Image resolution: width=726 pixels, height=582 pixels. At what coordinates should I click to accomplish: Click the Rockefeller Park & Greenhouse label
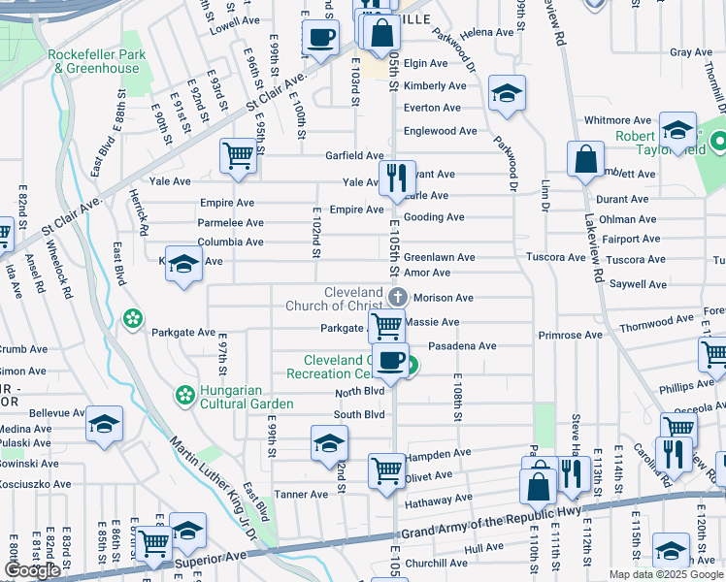click(97, 61)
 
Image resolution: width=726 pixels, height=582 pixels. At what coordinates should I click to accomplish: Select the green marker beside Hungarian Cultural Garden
click(182, 394)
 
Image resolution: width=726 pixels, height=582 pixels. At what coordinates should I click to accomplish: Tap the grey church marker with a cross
click(396, 297)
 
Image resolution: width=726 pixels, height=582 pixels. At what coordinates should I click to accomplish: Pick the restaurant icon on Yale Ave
click(396, 178)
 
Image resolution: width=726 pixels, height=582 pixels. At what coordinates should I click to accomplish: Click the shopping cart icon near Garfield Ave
click(238, 155)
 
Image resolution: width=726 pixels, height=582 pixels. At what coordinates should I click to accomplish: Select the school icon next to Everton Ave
click(506, 93)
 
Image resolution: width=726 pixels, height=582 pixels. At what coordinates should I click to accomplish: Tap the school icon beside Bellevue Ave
click(104, 424)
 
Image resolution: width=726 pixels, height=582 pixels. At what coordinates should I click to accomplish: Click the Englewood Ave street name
click(441, 131)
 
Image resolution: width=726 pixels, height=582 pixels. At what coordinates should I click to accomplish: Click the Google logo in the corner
click(32, 570)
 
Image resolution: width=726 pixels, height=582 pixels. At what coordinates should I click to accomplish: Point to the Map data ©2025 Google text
click(665, 574)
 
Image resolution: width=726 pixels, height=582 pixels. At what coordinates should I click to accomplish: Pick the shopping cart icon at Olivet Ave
click(386, 471)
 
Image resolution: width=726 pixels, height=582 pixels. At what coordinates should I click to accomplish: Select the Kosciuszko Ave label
click(35, 483)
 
